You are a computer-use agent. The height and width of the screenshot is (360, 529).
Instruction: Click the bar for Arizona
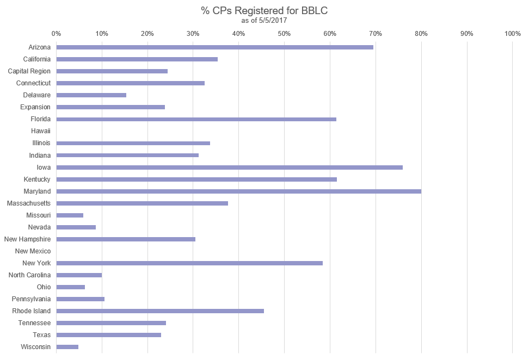point(214,47)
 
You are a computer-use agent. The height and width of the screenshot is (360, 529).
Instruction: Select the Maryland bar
point(238,191)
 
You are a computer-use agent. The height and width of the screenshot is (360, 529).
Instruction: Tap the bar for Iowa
point(229,167)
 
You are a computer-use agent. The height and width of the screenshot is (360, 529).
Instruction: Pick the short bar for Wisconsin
point(67,347)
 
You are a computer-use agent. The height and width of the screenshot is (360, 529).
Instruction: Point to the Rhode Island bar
point(160,311)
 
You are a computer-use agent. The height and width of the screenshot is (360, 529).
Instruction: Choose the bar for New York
point(189,263)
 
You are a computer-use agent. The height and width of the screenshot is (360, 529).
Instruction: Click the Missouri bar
point(70,215)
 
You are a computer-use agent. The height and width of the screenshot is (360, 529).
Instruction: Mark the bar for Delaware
point(91,95)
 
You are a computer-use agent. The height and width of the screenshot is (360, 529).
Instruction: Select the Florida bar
point(196,119)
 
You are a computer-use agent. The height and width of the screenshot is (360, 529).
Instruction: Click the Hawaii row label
point(41,131)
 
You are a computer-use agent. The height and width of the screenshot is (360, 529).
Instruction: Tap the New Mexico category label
point(33,251)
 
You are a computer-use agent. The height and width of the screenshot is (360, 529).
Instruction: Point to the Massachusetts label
point(29,203)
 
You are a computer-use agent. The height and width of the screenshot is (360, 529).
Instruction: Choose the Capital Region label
point(29,71)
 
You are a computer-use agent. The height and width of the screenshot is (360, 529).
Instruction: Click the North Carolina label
point(30,275)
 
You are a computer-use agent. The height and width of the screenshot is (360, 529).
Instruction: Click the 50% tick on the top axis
point(284,34)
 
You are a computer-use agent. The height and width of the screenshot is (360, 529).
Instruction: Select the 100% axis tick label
point(513,34)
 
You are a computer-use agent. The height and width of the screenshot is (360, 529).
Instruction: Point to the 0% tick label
point(56,34)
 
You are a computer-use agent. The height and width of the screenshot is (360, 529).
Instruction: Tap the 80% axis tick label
point(421,34)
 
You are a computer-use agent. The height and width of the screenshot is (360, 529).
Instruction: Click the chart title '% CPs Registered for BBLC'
point(264,10)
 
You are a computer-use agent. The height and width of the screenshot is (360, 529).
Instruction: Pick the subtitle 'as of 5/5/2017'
point(264,20)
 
